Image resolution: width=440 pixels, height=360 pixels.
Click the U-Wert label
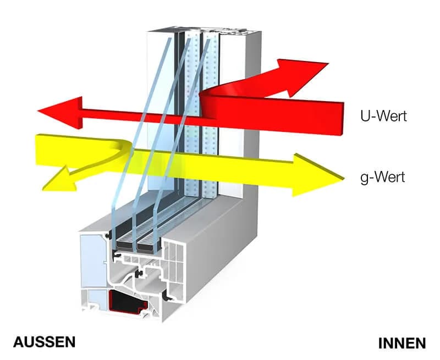[382, 117]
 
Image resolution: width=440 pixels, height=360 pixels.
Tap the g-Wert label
[382, 177]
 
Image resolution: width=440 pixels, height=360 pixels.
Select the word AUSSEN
[44, 342]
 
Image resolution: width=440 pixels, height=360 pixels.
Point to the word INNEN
[402, 343]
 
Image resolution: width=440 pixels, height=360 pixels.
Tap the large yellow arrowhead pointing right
[318, 175]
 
